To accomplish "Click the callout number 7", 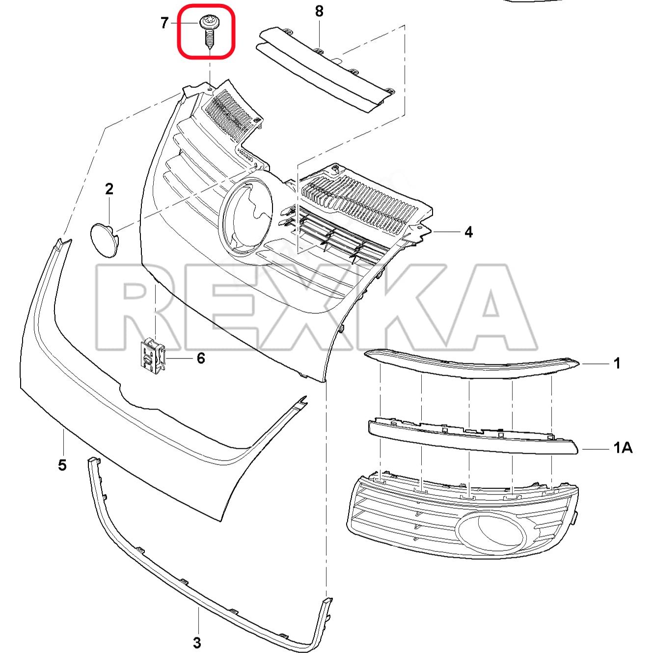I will point(164,23).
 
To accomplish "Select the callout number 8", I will point(319,11).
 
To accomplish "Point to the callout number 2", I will point(109,189).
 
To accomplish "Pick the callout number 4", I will point(468,232).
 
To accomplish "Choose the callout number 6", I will point(201,358).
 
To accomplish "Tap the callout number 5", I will point(62,464).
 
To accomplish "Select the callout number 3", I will point(197,642).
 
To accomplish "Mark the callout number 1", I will point(617,363).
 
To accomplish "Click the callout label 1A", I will point(622,448).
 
